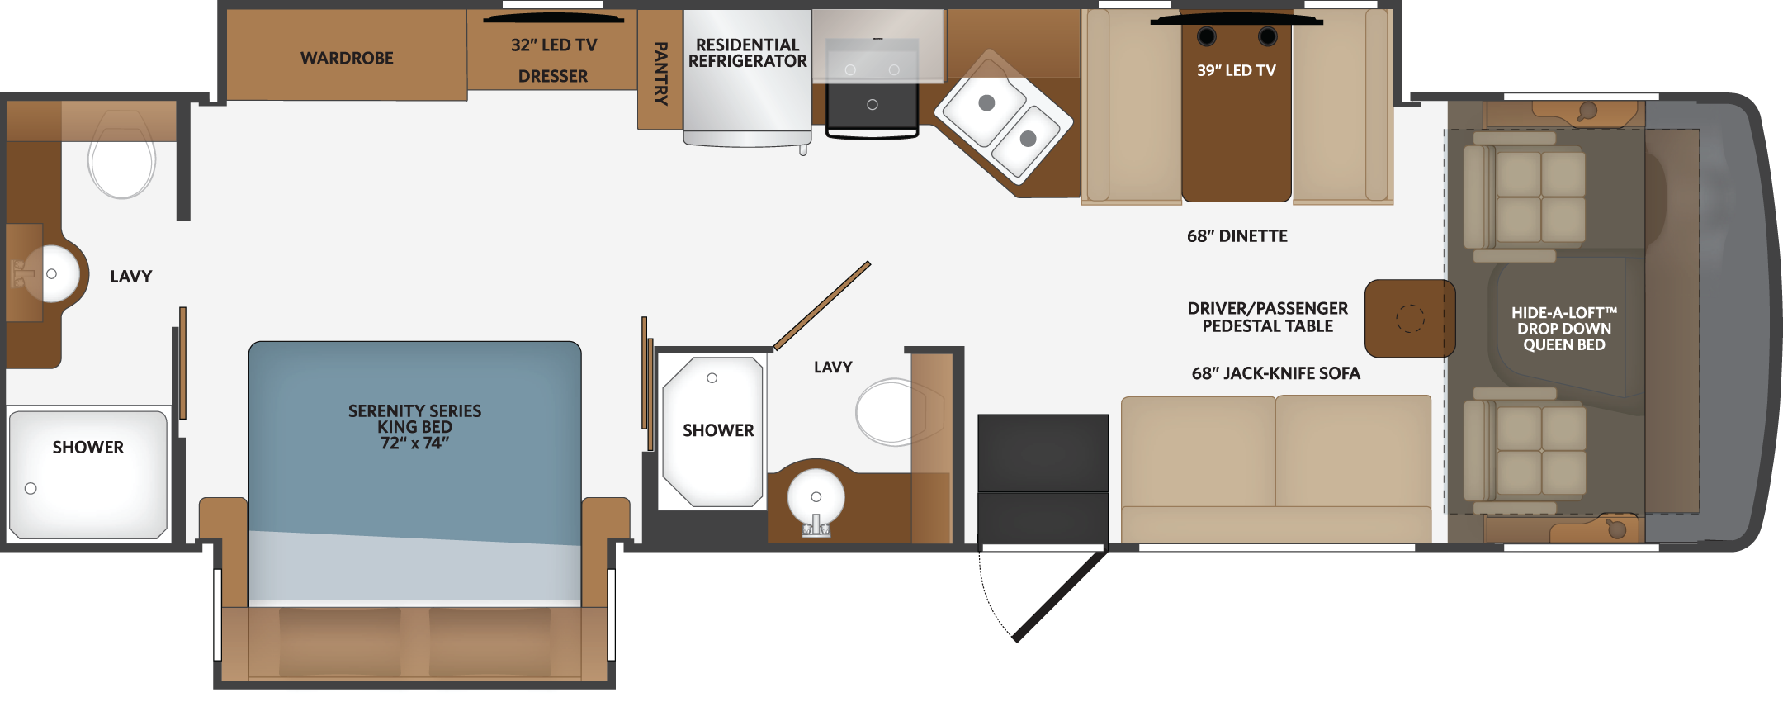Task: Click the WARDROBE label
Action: pos(347,58)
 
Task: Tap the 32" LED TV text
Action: pos(553,45)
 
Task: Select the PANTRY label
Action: pos(660,74)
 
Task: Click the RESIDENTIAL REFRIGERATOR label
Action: pos(747,53)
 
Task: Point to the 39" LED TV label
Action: pos(1237,71)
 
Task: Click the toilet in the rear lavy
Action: pos(121,155)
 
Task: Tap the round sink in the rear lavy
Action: pos(51,273)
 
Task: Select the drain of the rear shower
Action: pos(31,488)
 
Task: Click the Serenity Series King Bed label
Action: pos(414,426)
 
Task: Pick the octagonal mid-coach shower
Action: pos(712,432)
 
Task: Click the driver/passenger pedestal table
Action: pos(1409,318)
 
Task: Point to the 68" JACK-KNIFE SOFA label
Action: pos(1275,373)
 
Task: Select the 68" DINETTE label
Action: pos(1237,236)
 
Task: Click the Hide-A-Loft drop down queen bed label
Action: pos(1563,329)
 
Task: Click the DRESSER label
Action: pos(553,77)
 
